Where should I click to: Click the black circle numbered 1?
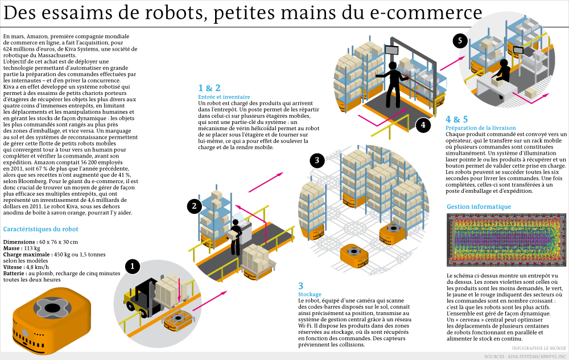(x=133, y=266)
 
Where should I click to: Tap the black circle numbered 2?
(x=195, y=206)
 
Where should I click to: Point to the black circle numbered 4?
(x=422, y=125)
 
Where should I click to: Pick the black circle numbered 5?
(x=461, y=40)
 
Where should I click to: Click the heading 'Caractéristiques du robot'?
(x=40, y=230)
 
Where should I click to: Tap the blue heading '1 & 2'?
(x=209, y=88)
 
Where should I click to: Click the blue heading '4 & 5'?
(x=457, y=119)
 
